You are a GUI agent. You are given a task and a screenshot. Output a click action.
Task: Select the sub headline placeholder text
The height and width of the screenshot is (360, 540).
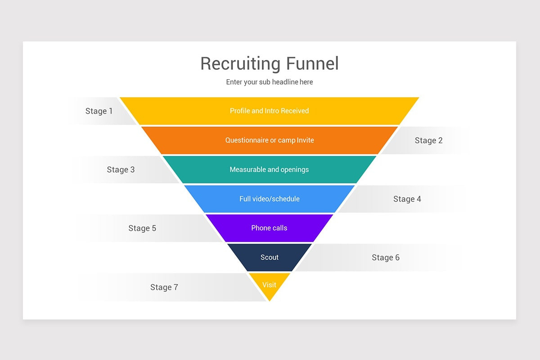click(x=269, y=82)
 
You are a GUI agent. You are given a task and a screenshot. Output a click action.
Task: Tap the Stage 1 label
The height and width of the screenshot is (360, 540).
click(x=99, y=111)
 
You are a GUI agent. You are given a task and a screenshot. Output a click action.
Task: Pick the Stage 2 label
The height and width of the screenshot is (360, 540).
click(x=428, y=140)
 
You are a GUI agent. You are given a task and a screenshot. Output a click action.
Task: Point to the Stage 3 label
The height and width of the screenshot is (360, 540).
click(x=121, y=170)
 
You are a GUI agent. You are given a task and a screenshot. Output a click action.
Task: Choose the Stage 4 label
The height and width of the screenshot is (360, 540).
click(x=407, y=199)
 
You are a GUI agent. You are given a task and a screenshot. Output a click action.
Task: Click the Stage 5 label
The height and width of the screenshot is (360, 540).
click(x=142, y=228)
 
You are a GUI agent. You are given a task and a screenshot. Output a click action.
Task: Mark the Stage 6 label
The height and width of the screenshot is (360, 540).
click(x=385, y=257)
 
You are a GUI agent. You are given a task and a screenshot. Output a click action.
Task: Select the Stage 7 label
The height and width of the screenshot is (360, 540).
click(x=164, y=287)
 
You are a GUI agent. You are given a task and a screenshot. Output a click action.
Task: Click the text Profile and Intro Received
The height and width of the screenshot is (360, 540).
click(x=269, y=111)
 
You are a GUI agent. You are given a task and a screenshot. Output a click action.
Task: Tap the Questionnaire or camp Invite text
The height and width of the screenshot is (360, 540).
click(x=269, y=140)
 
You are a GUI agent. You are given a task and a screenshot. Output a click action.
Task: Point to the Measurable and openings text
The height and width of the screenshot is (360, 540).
click(x=269, y=170)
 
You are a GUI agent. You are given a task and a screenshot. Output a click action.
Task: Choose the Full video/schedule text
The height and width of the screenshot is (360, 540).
click(x=269, y=199)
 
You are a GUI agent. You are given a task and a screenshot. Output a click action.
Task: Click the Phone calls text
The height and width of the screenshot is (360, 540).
click(x=269, y=228)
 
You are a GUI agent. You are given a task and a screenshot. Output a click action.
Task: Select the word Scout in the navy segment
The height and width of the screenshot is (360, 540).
click(x=269, y=257)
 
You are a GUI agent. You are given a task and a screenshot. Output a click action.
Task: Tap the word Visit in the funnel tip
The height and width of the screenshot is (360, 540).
click(x=269, y=284)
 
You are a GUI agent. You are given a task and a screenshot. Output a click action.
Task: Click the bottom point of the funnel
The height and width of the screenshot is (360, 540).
click(x=270, y=300)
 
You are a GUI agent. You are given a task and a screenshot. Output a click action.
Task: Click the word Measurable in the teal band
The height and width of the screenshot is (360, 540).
click(x=247, y=170)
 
